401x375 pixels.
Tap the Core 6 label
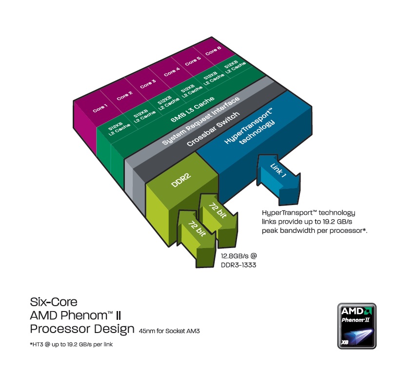[x=213, y=50]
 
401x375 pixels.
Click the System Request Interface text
[x=201, y=121]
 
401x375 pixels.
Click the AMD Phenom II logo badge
[x=357, y=326]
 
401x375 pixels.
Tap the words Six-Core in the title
[x=54, y=301]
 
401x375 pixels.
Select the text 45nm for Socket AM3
[x=169, y=331]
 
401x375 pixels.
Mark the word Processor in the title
[x=58, y=329]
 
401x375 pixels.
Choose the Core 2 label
[x=124, y=95]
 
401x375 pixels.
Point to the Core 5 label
[x=193, y=61]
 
